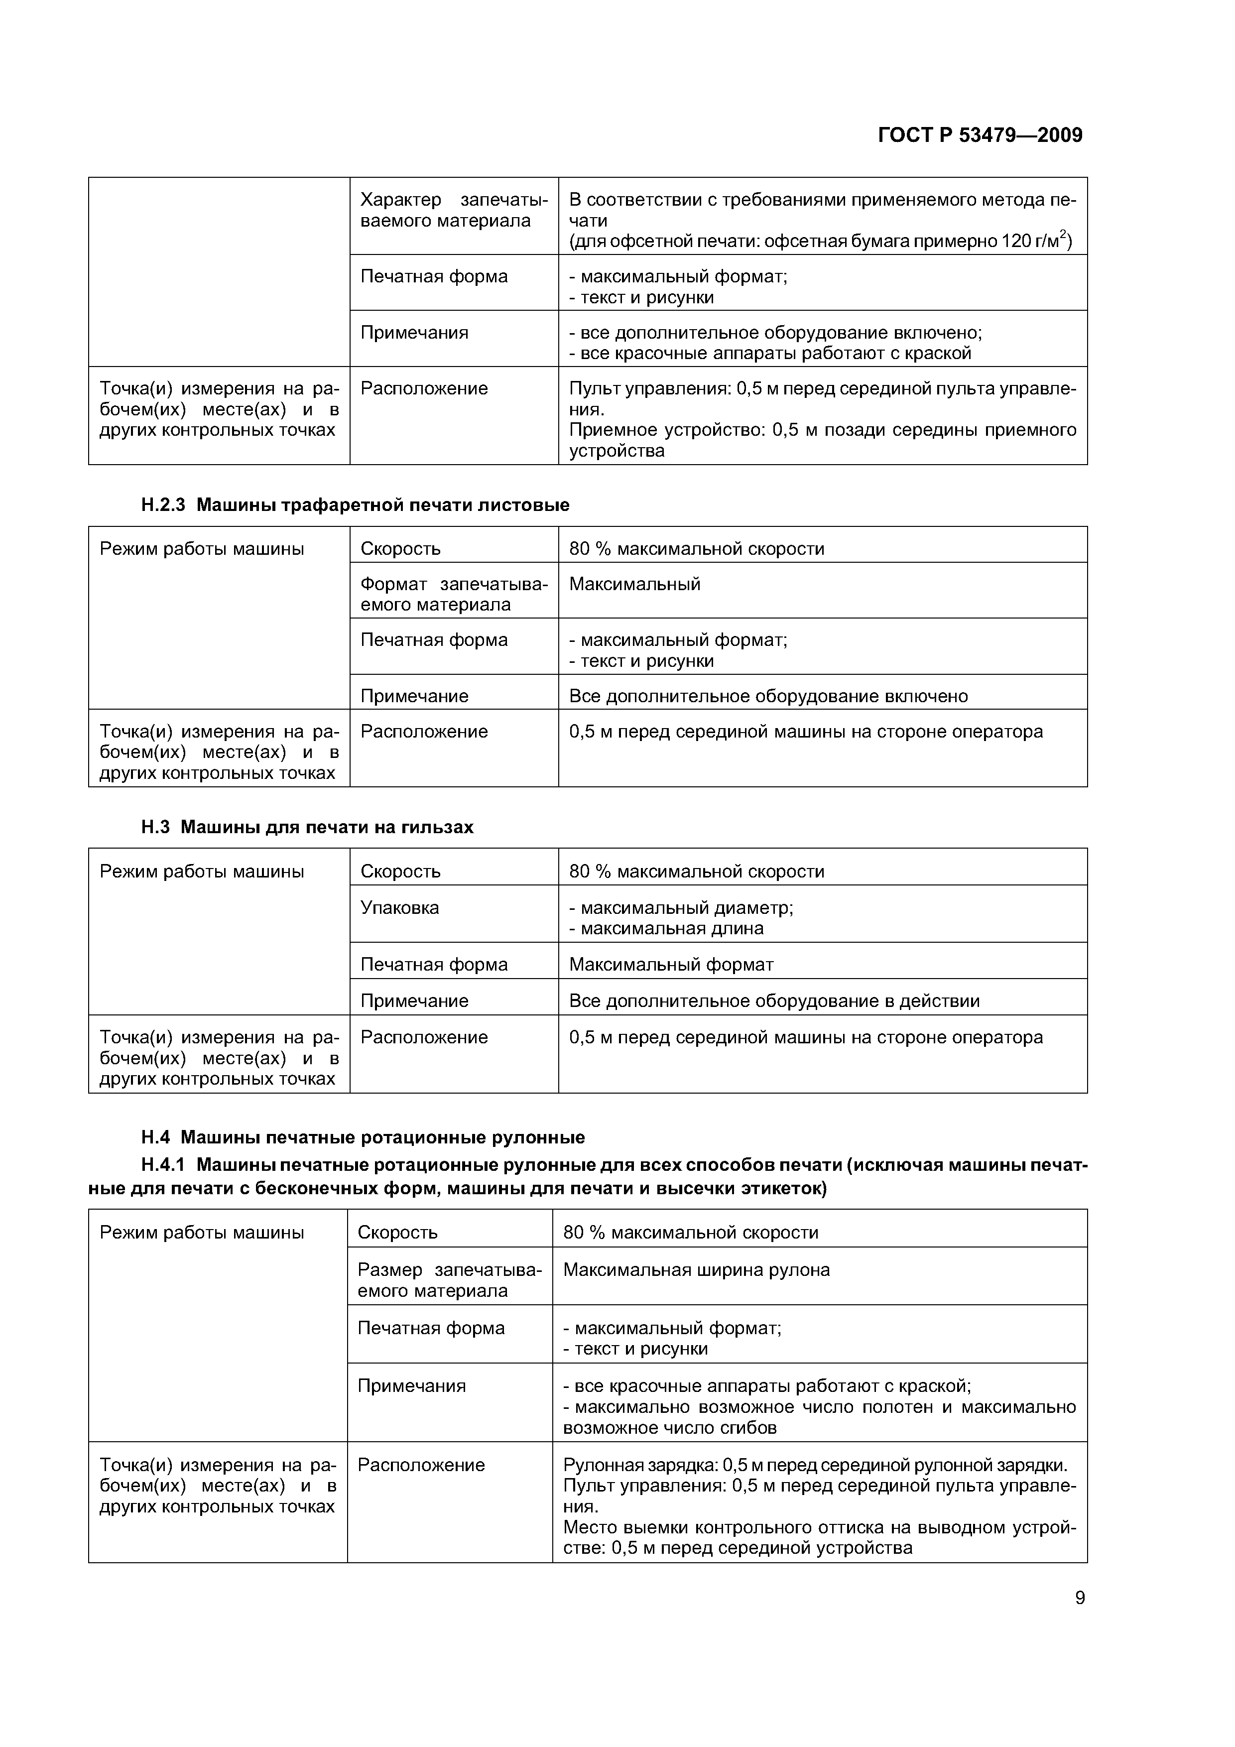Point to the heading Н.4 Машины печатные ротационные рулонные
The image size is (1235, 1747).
[363, 1137]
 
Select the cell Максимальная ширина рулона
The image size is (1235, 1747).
[696, 1270]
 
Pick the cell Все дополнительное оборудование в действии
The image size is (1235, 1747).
[774, 1000]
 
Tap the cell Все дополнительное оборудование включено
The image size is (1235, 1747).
[768, 696]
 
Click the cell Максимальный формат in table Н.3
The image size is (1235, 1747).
[671, 965]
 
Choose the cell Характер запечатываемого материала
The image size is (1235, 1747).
[454, 211]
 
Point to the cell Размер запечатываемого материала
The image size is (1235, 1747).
[449, 1280]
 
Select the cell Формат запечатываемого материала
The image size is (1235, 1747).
[454, 594]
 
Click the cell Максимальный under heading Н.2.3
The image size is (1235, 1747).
[634, 584]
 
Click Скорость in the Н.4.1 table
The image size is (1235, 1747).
[397, 1233]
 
